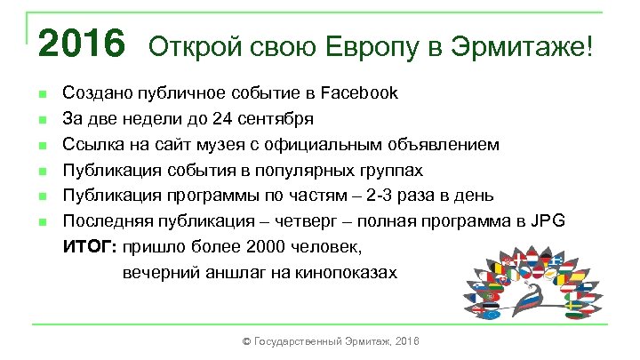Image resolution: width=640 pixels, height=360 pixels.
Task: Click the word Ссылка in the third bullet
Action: pos(89,144)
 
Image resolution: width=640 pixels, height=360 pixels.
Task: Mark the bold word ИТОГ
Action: pos(91,247)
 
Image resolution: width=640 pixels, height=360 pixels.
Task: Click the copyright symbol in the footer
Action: pos(246,341)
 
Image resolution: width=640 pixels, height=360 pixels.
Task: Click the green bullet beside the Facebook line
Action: pos(41,93)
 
